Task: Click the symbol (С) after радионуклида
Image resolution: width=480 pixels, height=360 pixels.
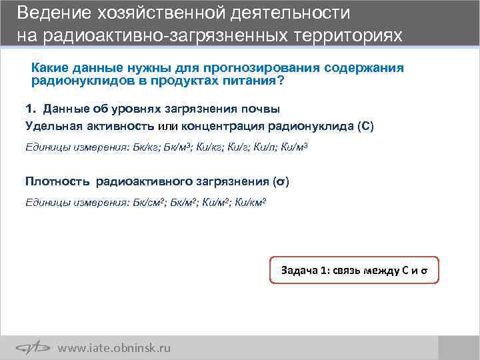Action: coord(366,126)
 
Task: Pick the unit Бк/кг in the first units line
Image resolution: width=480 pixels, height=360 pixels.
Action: coord(146,147)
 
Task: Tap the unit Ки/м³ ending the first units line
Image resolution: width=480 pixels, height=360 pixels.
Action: coord(295,147)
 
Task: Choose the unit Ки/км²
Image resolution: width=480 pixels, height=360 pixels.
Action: coord(251,202)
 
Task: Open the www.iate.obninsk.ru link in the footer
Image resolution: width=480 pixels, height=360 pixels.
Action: coord(114,348)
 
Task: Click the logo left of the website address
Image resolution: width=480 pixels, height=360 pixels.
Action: coord(33,347)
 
